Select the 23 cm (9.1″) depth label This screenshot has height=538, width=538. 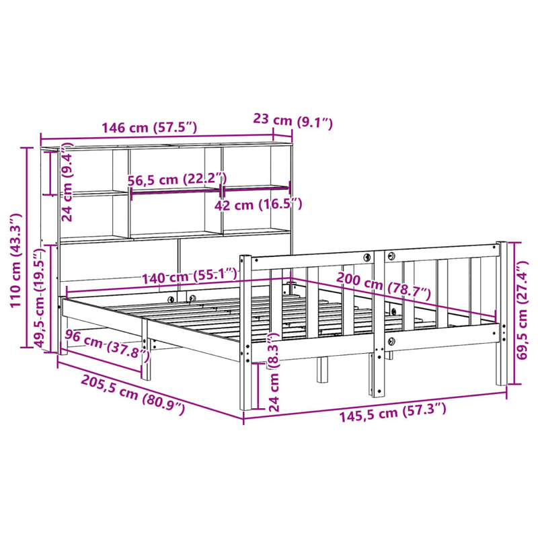click(x=293, y=121)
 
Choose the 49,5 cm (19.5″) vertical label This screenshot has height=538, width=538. click(x=42, y=305)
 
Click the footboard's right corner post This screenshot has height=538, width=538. click(x=501, y=313)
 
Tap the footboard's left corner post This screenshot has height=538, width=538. click(x=246, y=333)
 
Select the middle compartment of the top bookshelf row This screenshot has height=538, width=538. click(x=174, y=168)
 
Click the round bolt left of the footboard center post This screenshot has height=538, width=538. click(x=367, y=258)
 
